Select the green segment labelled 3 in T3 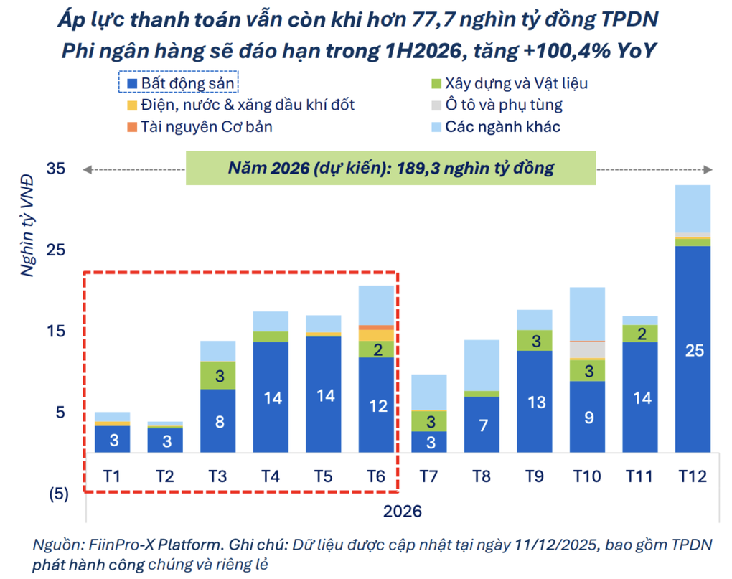(x=219, y=375)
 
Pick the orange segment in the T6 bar (x=377, y=327)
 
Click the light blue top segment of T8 (x=482, y=365)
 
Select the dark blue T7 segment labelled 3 (x=429, y=442)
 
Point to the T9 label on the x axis (x=535, y=476)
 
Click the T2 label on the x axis (x=166, y=476)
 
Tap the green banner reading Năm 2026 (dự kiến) (x=391, y=168)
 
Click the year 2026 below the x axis (x=403, y=512)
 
